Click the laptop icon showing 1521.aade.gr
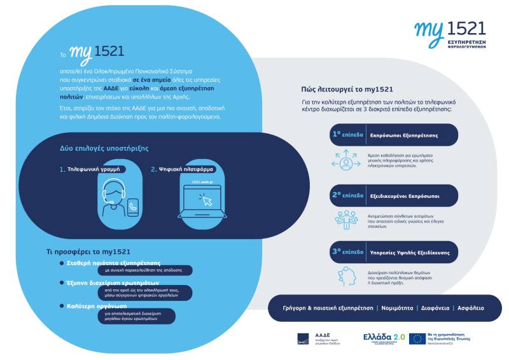pyautogui.click(x=199, y=199)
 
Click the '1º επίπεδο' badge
pyautogui.click(x=347, y=135)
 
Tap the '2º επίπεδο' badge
pyautogui.click(x=347, y=195)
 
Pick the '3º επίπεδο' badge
pyautogui.click(x=347, y=252)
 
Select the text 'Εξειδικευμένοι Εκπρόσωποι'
pyautogui.click(x=405, y=195)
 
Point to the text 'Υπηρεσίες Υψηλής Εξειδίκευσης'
pyautogui.click(x=409, y=253)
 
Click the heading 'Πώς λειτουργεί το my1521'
pyautogui.click(x=347, y=90)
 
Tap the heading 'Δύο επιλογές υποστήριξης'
pyautogui.click(x=104, y=148)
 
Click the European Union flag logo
pyautogui.click(x=417, y=338)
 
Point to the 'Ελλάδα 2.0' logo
pyautogui.click(x=383, y=338)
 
